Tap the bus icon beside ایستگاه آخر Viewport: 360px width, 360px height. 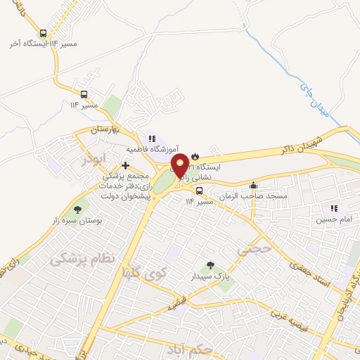click(x=44, y=33)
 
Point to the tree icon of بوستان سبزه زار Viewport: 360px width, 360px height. click(x=78, y=209)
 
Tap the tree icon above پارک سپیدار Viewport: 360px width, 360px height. click(x=210, y=265)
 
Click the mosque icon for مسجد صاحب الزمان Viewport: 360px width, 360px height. click(x=253, y=186)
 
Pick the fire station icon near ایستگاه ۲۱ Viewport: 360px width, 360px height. click(x=195, y=157)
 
